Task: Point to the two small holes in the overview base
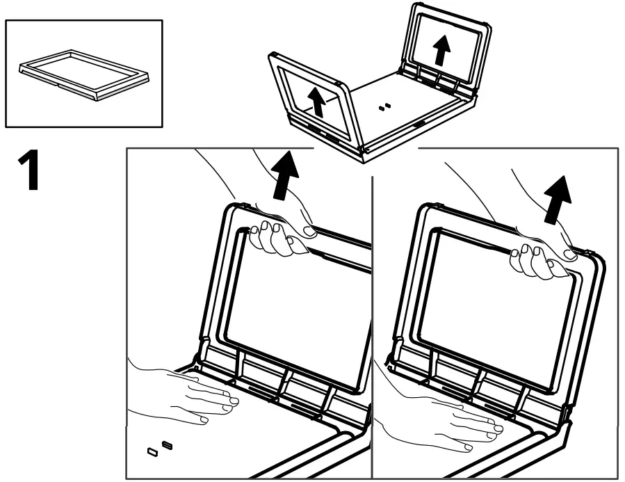[384, 107]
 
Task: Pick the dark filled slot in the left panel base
[166, 444]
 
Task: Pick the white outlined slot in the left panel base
[152, 453]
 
